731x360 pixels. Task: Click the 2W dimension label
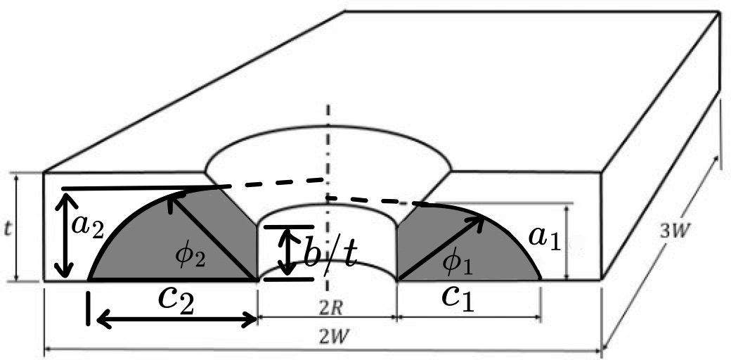click(324, 338)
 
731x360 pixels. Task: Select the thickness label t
click(8, 229)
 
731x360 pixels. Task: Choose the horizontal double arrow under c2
click(176, 320)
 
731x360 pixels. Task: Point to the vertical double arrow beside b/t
click(287, 252)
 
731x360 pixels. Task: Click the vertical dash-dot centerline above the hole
click(327, 134)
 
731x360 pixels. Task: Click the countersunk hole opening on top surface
click(327, 158)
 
